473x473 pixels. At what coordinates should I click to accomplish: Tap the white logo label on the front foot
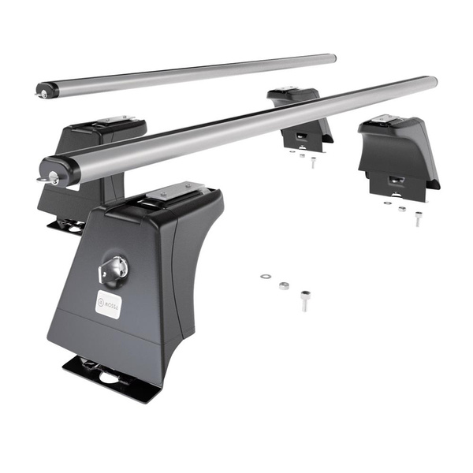coord(110,303)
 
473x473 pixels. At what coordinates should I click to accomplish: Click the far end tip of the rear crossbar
coord(333,58)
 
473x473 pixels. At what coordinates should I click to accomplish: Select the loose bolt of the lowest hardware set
coord(305,300)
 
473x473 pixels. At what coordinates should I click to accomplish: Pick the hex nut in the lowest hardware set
coord(284,285)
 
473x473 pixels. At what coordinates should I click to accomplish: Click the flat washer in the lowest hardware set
coord(265,277)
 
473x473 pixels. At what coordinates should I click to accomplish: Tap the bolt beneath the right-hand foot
coord(418,218)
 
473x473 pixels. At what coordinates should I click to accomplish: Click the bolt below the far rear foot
coord(312,163)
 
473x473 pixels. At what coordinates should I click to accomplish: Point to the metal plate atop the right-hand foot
coord(386,120)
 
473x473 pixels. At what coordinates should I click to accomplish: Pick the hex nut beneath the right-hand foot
coord(402,209)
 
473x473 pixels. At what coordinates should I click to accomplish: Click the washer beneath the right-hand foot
coord(387,203)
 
